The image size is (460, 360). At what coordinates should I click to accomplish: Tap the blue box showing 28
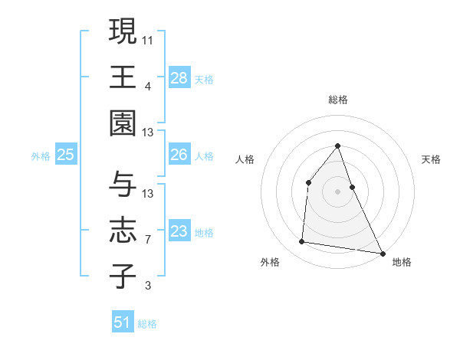point(179,77)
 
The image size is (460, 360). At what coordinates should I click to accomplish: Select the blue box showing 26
point(179,155)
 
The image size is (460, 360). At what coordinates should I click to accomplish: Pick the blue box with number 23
point(179,231)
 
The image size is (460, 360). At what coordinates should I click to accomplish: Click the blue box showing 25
point(65,155)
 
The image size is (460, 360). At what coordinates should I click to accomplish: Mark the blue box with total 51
point(123,322)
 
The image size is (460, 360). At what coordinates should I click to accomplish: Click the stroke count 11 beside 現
point(148,39)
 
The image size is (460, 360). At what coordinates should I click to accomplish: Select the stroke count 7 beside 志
point(148,240)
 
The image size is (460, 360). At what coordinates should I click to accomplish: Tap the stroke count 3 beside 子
point(148,286)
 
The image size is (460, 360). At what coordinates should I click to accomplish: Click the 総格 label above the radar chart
point(337,100)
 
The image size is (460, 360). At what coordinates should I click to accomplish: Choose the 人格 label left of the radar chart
point(245,159)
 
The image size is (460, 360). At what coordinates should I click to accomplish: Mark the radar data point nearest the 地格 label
point(382,252)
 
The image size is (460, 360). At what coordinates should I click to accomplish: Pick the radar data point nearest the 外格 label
point(302,242)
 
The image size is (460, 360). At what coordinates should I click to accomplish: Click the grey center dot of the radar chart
point(337,191)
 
